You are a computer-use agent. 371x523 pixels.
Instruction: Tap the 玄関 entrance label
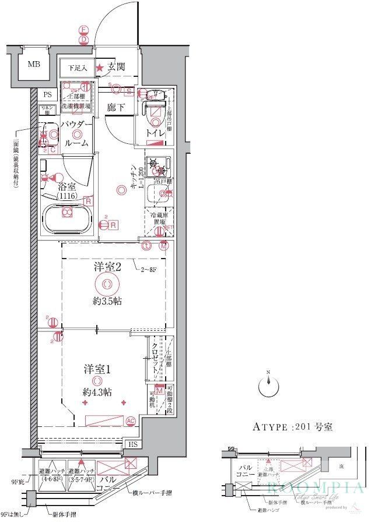click(115, 68)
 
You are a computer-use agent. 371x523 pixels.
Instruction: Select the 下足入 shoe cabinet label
click(75, 68)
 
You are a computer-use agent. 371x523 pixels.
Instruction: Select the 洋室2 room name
click(107, 267)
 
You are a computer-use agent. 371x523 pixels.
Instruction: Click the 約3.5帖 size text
click(107, 302)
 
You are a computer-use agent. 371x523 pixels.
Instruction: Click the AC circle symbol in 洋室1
click(131, 420)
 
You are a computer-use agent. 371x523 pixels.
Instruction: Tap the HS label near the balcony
click(134, 444)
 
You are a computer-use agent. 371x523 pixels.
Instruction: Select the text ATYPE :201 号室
click(292, 427)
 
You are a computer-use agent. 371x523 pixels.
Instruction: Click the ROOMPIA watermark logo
click(315, 488)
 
